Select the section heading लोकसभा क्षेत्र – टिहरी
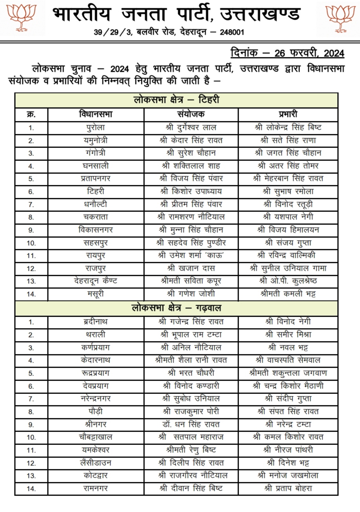(175, 100)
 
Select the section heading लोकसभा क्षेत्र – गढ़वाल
(175, 308)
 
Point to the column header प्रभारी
(287, 114)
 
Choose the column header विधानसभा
(95, 114)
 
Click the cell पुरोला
(95, 128)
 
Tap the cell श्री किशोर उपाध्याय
(191, 191)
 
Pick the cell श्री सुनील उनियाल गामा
(288, 268)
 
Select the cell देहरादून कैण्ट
(95, 281)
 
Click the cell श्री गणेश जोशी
(191, 294)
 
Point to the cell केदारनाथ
(95, 360)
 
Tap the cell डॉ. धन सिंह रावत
(191, 424)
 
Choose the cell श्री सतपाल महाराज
(191, 437)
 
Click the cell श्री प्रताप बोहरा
(288, 488)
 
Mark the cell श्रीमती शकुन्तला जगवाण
(288, 373)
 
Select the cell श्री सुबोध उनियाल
(191, 399)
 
